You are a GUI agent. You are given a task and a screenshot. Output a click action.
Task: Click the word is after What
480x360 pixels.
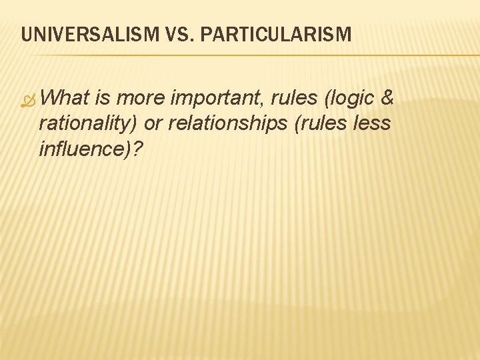coord(104,99)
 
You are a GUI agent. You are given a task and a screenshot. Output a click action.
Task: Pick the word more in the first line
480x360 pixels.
coord(141,99)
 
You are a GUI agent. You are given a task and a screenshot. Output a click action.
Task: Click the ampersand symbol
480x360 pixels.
coord(387,99)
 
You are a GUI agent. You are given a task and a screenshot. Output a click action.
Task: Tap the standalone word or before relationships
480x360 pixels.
coord(153,124)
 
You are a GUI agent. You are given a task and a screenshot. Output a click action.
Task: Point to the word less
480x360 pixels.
coord(372,124)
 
